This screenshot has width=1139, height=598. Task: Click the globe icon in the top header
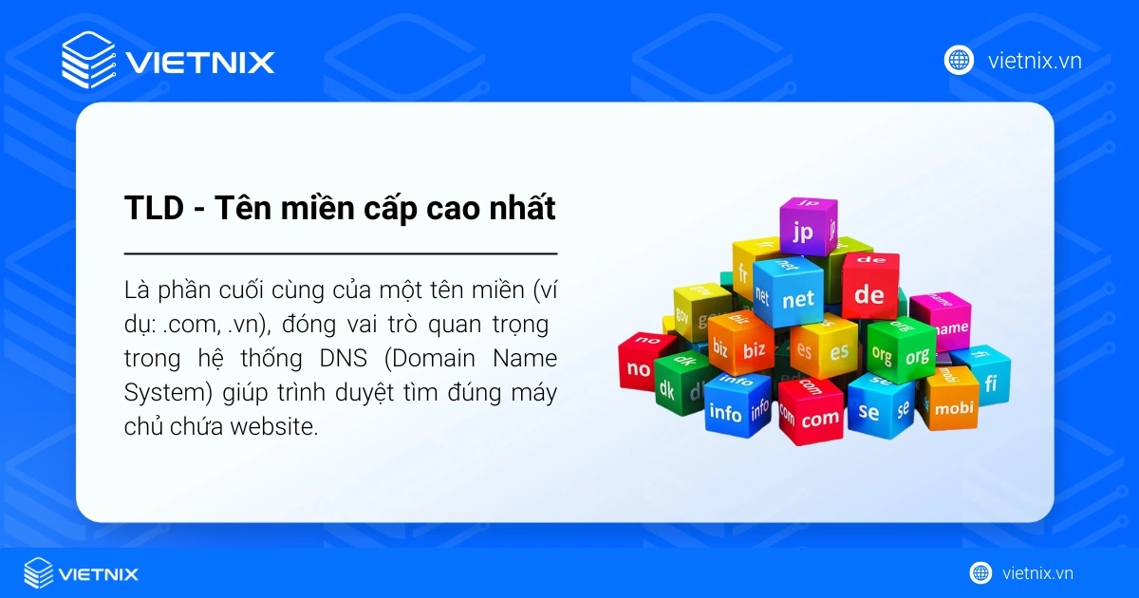pos(960,61)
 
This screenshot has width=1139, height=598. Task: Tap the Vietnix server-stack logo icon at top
pos(88,61)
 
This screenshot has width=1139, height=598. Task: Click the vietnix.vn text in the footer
pos(1037,573)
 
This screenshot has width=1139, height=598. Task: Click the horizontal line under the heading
pos(341,254)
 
